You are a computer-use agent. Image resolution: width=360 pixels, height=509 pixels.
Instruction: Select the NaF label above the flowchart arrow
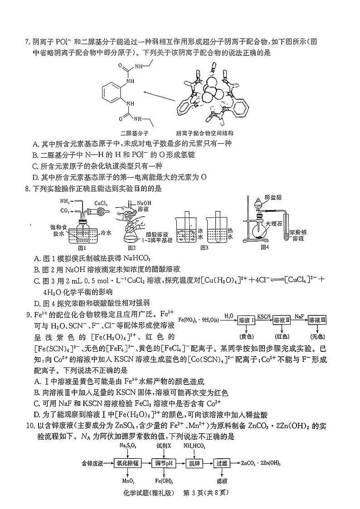tap(299, 315)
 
